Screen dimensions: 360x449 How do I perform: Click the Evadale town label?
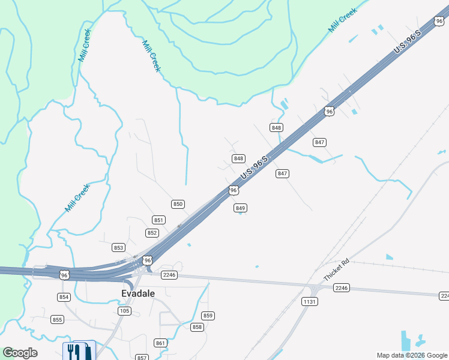138,294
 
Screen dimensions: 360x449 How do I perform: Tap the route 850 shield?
178,204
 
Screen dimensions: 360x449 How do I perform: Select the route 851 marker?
158,220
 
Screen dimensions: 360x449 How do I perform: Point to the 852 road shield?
152,233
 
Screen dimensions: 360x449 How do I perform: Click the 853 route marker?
118,247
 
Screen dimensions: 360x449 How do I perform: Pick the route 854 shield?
64,297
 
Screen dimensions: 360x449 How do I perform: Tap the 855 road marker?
57,319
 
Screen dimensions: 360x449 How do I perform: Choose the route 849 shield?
240,208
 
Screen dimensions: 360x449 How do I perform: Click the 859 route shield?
208,316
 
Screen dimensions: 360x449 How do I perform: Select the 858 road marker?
197,327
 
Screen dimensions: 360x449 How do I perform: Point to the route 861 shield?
160,343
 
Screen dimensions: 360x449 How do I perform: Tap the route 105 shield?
125,311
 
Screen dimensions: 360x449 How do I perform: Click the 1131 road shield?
309,301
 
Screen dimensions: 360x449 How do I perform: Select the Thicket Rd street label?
336,271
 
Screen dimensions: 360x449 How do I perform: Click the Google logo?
20,353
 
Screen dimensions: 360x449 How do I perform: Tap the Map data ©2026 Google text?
412,355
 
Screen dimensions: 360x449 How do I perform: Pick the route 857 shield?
142,358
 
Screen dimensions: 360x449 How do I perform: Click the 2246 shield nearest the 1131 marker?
342,289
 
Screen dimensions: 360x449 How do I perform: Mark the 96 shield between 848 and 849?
234,190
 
